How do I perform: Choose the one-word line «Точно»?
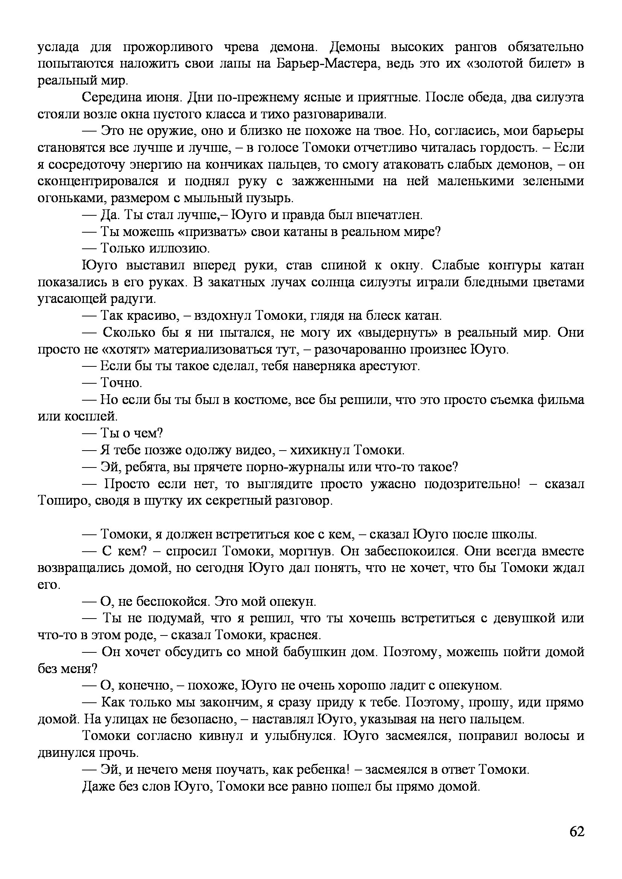click(x=121, y=383)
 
